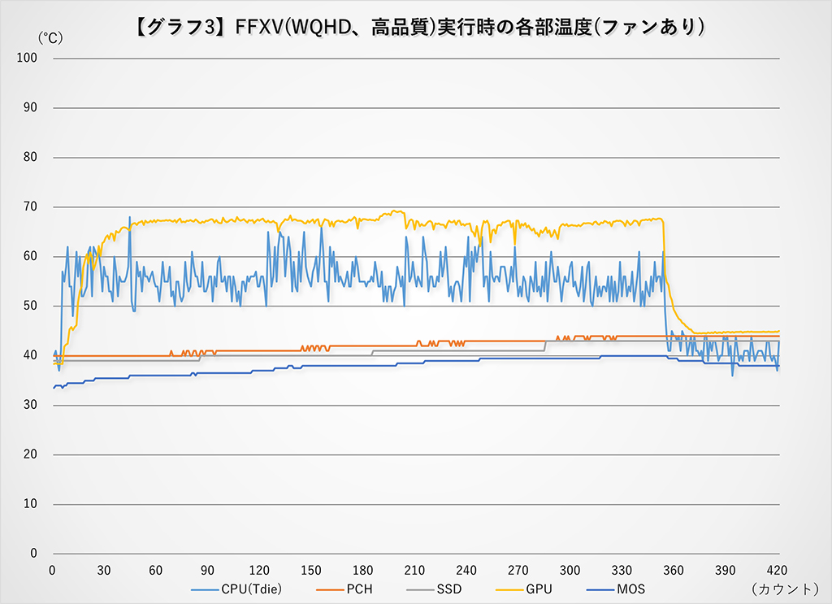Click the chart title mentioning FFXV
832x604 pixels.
pyautogui.click(x=416, y=27)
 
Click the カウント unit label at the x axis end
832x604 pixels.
pyautogui.click(x=785, y=588)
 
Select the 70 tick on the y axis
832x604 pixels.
pyautogui.click(x=31, y=206)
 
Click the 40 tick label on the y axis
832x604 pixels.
pyautogui.click(x=31, y=355)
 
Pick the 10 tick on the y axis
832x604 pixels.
pyautogui.click(x=31, y=504)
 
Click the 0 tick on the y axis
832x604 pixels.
pyautogui.click(x=34, y=554)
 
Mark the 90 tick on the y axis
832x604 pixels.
pyautogui.click(x=31, y=107)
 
